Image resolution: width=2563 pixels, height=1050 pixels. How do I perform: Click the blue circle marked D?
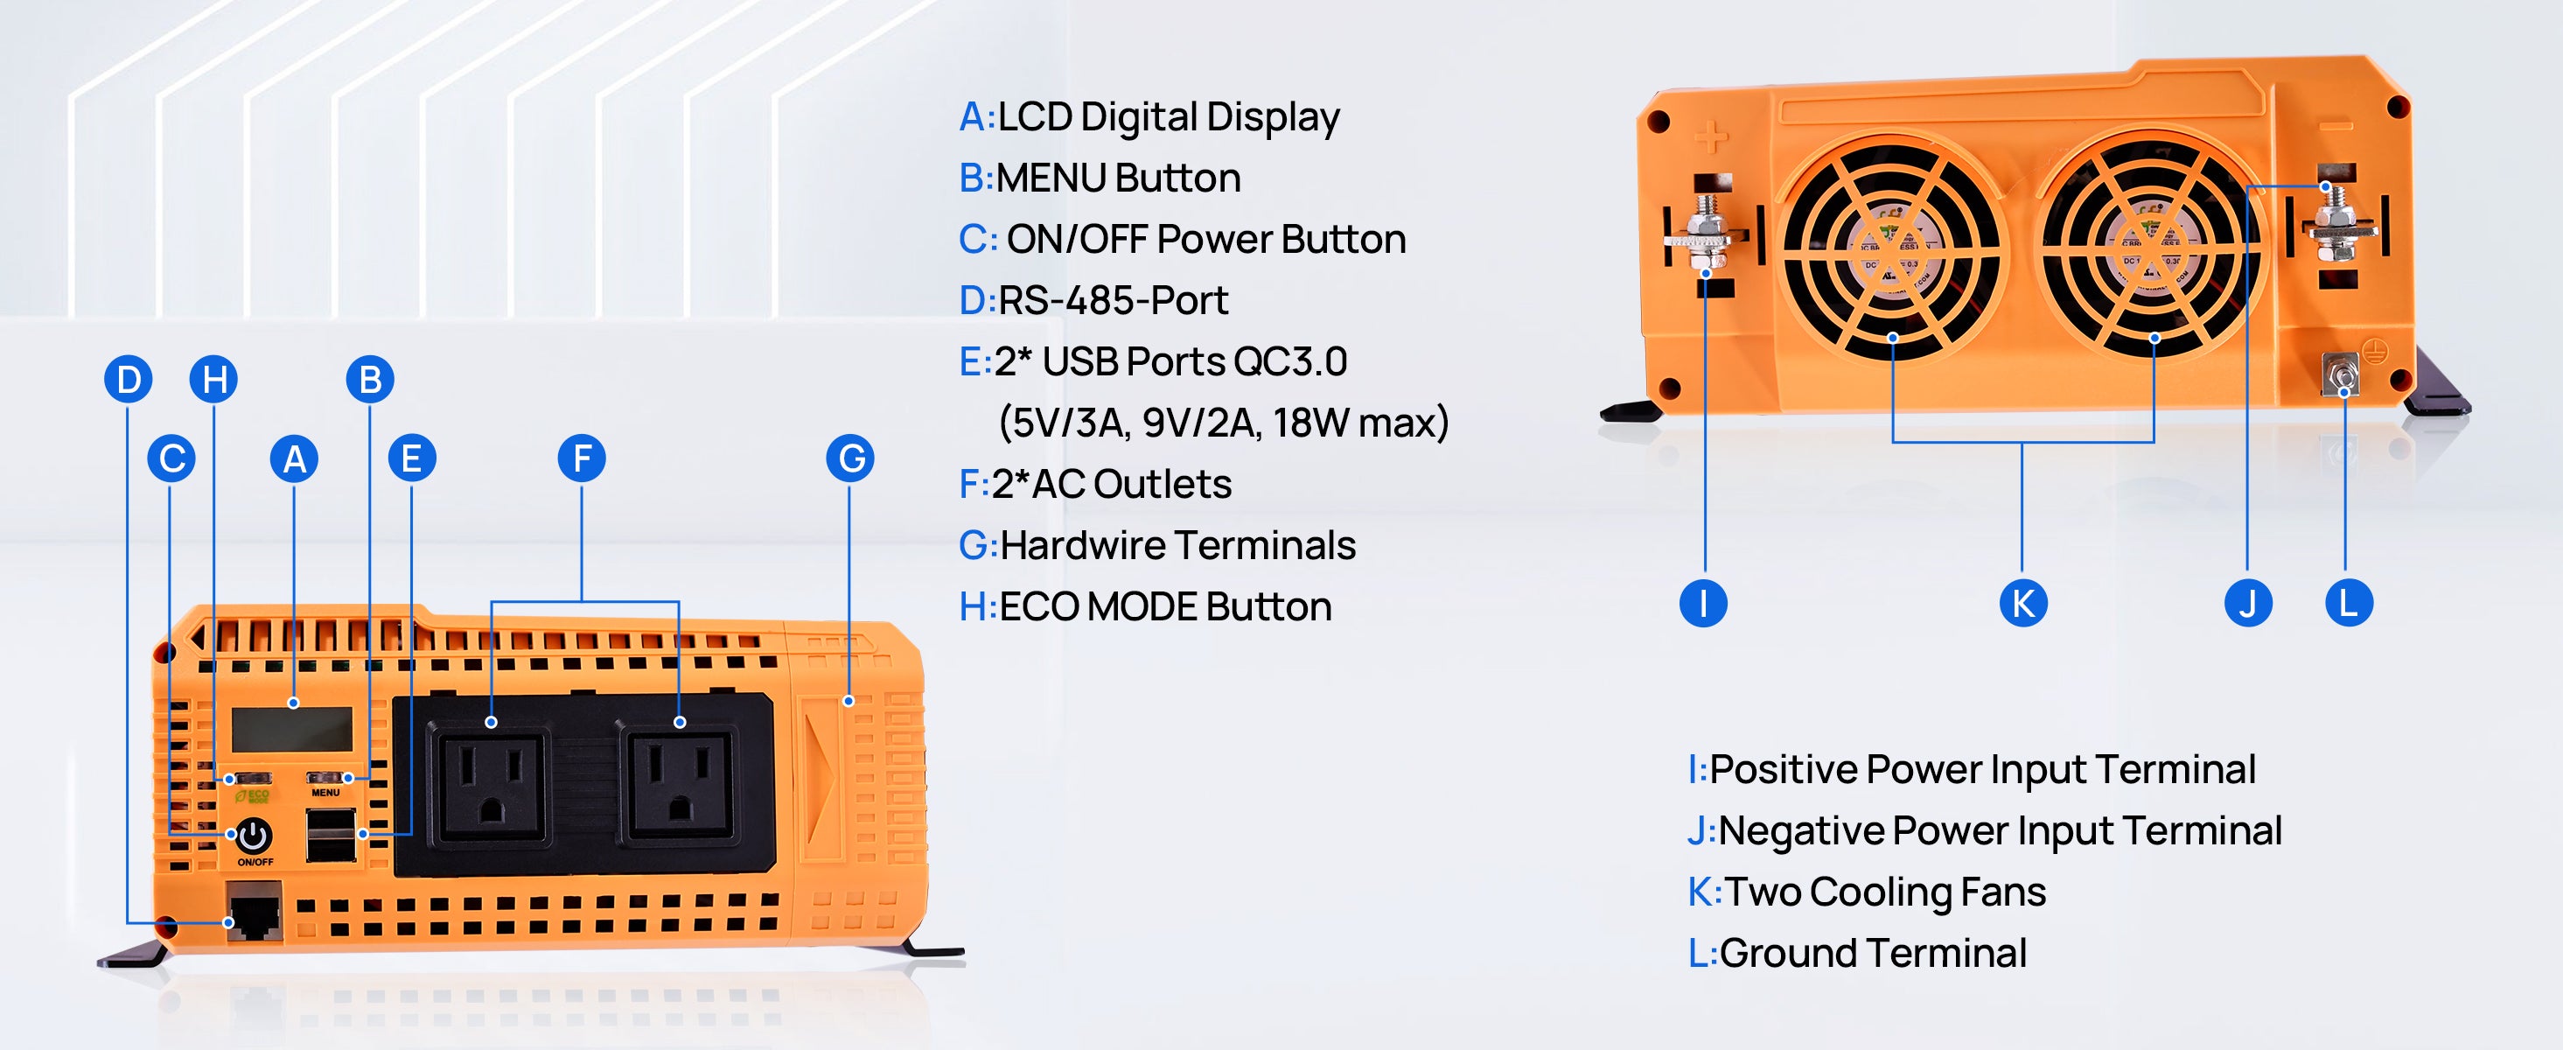129,379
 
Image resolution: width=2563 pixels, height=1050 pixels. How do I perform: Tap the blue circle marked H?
214,379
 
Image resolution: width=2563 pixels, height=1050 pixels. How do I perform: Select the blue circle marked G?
849,458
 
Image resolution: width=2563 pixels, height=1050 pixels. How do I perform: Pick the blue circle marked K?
2022,603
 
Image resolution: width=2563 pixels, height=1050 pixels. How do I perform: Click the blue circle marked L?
2348,603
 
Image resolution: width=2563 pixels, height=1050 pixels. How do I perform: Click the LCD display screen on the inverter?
292,730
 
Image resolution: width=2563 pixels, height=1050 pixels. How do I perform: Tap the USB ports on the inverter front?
332,834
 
